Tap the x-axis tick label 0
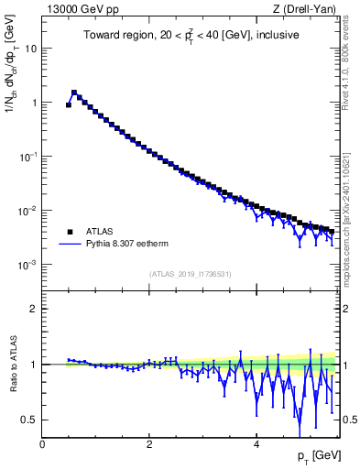[x=42, y=444]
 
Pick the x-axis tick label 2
[x=148, y=444]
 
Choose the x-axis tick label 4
[x=256, y=444]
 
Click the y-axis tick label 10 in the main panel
[x=30, y=49]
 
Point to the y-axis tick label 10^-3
[x=28, y=265]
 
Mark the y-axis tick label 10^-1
[x=28, y=157]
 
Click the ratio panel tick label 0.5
[x=29, y=420]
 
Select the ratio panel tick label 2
[x=34, y=309]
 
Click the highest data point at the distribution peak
[x=74, y=93]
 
